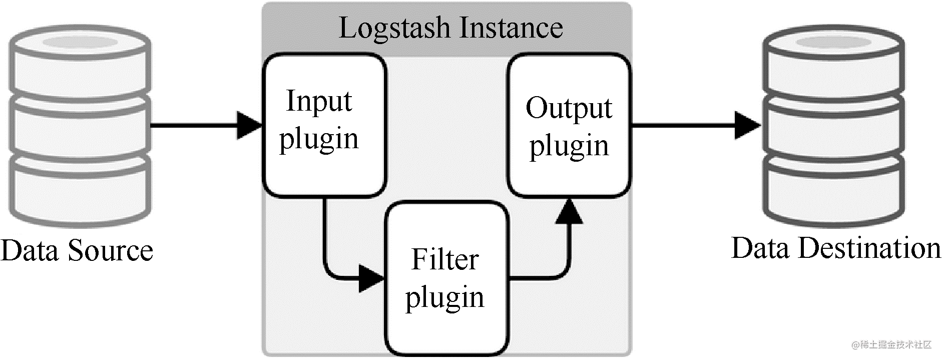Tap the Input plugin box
pos(325,125)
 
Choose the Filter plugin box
pos(446,278)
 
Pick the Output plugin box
pos(569,125)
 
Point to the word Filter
pos(445,259)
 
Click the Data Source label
pos(77,250)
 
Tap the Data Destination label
pos(836,248)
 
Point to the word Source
pos(110,250)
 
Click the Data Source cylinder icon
pos(80,125)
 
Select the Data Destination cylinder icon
pos(833,125)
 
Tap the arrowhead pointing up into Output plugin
pos(569,211)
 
